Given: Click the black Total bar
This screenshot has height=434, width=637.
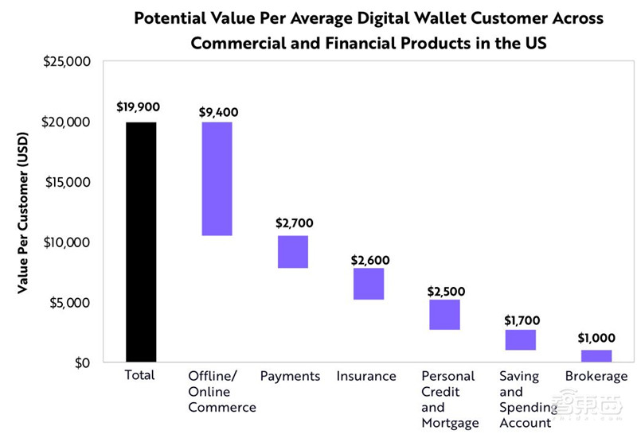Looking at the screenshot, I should [x=141, y=242].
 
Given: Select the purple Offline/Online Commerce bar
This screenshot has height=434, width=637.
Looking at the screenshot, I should [x=217, y=179].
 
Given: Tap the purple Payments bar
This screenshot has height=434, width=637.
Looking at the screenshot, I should [x=292, y=252].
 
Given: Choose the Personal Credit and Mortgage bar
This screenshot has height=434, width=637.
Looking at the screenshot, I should [x=444, y=315].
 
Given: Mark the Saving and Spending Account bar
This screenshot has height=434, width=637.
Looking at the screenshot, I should [x=520, y=339].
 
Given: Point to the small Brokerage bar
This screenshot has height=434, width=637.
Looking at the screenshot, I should [x=596, y=356].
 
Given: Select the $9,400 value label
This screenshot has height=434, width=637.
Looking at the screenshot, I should [x=217, y=112].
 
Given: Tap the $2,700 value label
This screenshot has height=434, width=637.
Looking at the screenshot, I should [x=292, y=225].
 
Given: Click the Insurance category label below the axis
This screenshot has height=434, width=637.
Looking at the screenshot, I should [x=366, y=376].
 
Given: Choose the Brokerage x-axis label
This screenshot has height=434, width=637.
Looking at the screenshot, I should [x=596, y=376].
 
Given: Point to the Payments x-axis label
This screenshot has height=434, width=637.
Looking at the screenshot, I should [x=290, y=376].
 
